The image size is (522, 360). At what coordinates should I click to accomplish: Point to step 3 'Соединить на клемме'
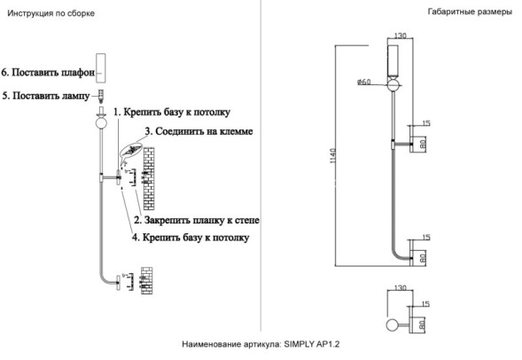click(x=204, y=131)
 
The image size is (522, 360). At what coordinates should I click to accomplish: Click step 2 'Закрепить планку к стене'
click(x=196, y=219)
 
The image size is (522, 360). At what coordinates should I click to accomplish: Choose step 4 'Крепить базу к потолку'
click(x=190, y=238)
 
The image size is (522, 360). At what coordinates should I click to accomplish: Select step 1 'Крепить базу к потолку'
click(x=172, y=113)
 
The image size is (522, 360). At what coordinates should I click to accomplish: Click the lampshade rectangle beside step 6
click(x=101, y=68)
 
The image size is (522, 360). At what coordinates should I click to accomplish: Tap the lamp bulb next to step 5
click(x=101, y=94)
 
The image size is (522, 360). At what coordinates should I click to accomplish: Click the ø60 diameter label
click(x=364, y=82)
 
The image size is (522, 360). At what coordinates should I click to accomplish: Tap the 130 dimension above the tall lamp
click(x=400, y=35)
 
